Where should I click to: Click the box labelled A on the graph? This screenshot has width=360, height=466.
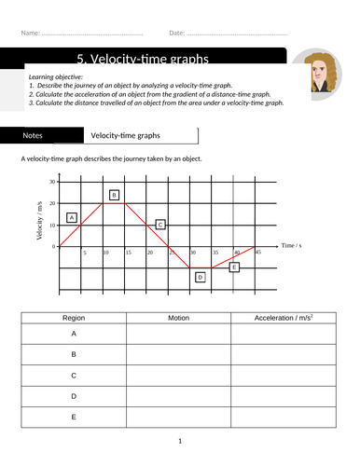coord(72,217)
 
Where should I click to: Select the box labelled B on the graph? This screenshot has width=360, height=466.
coord(114,195)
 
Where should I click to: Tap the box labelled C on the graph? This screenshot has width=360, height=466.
coord(160,225)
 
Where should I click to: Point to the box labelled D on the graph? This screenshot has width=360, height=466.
coord(200,277)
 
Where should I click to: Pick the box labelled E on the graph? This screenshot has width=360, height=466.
coord(234,267)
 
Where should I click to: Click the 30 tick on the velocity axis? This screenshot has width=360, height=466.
coord(52,182)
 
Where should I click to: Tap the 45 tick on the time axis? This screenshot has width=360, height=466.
coord(258,253)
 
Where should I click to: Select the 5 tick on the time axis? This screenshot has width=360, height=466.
coord(84,253)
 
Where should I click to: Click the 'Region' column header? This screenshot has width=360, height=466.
coord(73,318)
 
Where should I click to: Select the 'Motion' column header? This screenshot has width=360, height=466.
coord(178,318)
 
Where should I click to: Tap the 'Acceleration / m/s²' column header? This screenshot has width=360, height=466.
coord(284,318)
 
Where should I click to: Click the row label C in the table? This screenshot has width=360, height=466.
coord(73,375)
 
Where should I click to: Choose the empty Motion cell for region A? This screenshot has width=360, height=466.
coord(178,333)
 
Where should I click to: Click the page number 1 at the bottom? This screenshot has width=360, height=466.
coord(180,441)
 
